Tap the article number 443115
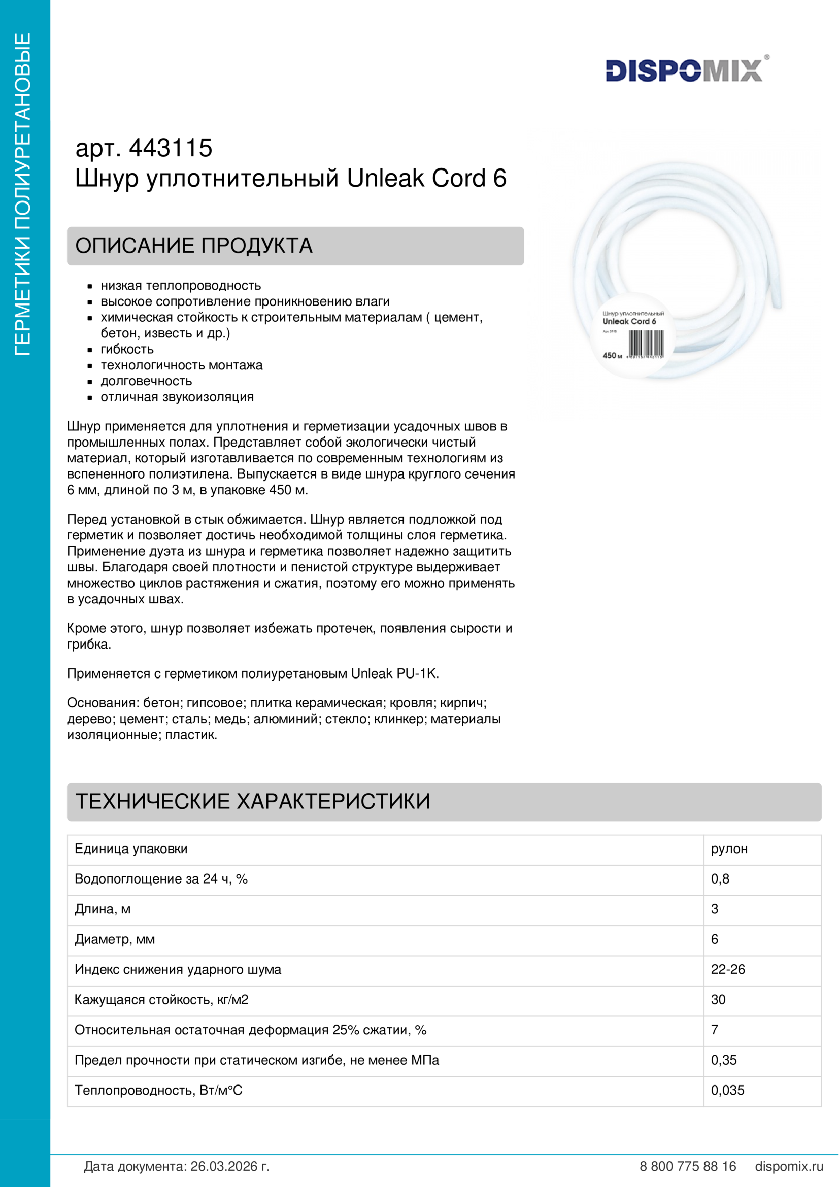(x=171, y=148)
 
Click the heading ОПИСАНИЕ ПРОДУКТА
(x=194, y=246)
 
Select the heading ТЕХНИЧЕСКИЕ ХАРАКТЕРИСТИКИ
(x=253, y=801)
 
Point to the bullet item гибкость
(x=127, y=350)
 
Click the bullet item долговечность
(x=146, y=381)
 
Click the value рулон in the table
(x=729, y=849)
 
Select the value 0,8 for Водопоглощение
(x=720, y=879)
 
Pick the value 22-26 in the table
(x=728, y=969)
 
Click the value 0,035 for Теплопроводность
(x=727, y=1090)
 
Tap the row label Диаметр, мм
(x=115, y=939)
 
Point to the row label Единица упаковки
(x=131, y=849)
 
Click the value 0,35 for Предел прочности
(x=724, y=1060)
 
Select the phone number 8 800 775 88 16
(x=688, y=1166)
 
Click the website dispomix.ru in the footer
(x=789, y=1166)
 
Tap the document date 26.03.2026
(x=229, y=1166)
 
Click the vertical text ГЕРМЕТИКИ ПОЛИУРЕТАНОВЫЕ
(x=23, y=194)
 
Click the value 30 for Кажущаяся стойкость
(x=718, y=1000)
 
